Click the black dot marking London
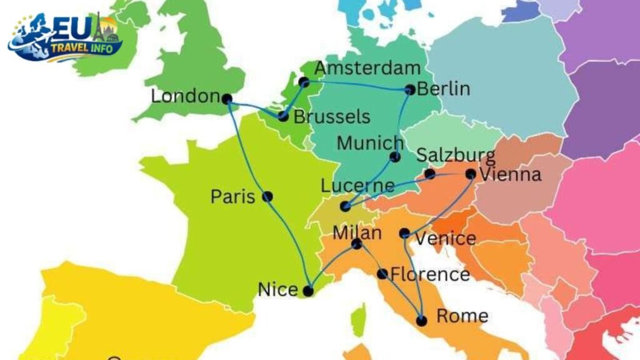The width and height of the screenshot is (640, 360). pos(227,99)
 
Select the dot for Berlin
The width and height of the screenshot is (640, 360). pos(410,90)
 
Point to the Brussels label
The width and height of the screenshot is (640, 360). pos(332,117)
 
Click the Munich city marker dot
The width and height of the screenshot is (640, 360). pos(395,157)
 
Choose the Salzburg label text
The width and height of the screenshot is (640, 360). pos(456,155)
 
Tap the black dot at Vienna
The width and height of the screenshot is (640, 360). pos(471,174)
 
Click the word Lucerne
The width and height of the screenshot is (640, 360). pos(357,186)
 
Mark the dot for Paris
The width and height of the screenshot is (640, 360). pos(267,196)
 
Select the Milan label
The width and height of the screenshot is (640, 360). pos(357,233)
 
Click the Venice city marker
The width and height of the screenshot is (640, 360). pos(404,234)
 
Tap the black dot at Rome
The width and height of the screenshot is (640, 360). pos(421,321)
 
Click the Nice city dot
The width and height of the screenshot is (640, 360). pos(308,291)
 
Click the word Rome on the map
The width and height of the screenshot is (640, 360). pos(462,316)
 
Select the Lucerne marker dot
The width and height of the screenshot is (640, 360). pos(345,206)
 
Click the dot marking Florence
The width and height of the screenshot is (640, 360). pos(382,274)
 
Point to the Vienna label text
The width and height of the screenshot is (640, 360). pos(509,174)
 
